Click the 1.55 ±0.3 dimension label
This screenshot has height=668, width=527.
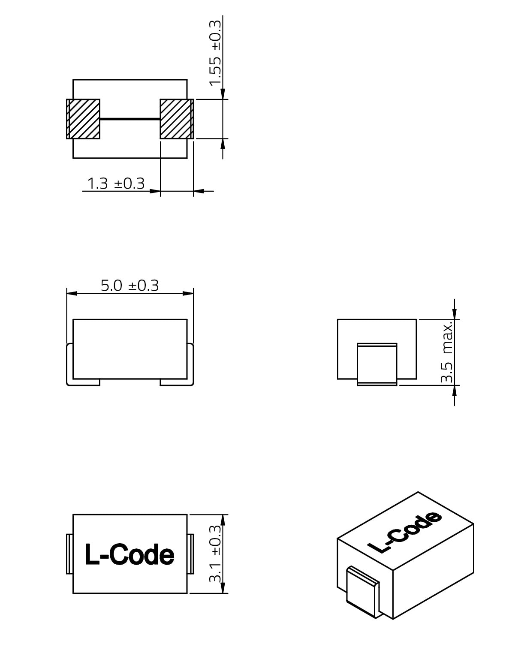[x=215, y=53]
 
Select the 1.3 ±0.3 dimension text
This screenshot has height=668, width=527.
[x=116, y=184]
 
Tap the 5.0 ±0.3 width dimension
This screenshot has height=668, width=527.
[x=129, y=286]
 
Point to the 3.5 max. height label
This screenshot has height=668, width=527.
[x=447, y=352]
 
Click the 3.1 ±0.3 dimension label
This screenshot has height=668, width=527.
[x=215, y=554]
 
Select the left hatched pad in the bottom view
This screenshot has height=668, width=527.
[x=83, y=119]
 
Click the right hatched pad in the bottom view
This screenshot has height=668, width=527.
[x=177, y=119]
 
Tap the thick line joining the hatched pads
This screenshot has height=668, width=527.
[x=130, y=119]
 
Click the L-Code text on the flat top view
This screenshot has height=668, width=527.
[x=129, y=554]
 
